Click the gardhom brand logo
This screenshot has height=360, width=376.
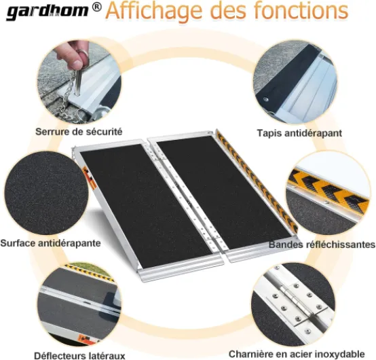[47, 12]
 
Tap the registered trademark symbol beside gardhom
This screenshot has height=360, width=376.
[96, 7]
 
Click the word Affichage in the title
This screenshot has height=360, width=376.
[155, 12]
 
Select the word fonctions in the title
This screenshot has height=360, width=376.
[301, 10]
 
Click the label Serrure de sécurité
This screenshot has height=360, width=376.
[79, 132]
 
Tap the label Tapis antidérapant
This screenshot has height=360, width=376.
[299, 133]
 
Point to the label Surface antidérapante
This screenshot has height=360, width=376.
[50, 243]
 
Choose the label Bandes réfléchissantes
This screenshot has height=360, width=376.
[322, 245]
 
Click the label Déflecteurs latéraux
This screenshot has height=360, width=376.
[79, 355]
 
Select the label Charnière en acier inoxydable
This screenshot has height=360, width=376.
[297, 354]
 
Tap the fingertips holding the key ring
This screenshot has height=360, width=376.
[72, 54]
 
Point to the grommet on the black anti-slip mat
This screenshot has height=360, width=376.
[265, 99]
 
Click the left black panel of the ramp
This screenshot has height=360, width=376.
[146, 206]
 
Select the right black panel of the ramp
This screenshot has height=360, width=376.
[223, 192]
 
